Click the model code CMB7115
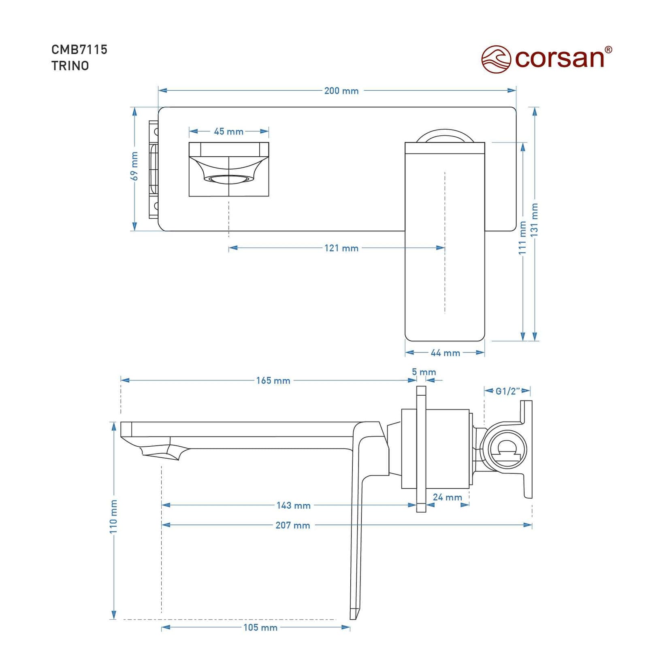coord(79,49)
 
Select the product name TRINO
coord(70,66)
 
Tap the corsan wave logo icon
coord(496,59)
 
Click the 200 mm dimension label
coord(341,91)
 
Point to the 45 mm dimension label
coord(229,131)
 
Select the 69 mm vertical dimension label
coord(134,166)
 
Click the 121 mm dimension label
coord(341,248)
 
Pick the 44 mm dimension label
coord(445,353)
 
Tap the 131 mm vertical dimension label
coord(534,220)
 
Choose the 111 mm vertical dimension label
coord(522,238)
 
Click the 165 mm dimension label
coord(273,381)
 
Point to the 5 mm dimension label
coord(424,372)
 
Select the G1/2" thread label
coord(508,391)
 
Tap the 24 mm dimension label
coord(448,497)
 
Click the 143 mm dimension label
coord(294,505)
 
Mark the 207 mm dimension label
coord(293,525)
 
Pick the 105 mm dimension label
coord(260,627)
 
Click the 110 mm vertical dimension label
coord(113,516)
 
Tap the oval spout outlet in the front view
coord(229,179)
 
